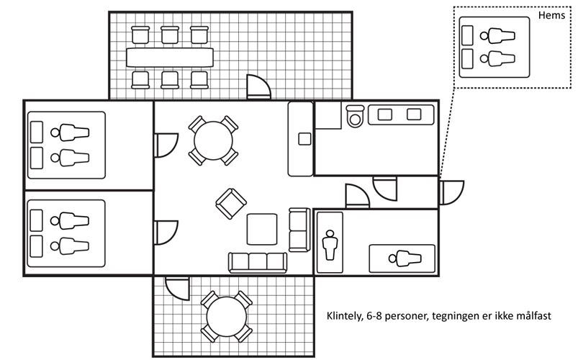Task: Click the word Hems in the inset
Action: [551, 15]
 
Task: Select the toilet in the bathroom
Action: [356, 116]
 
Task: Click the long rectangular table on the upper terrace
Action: [170, 57]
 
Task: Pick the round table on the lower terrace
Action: [226, 317]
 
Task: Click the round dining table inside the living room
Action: [213, 140]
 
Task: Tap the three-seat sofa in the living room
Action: [257, 262]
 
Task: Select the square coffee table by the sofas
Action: [262, 229]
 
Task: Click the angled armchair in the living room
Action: [231, 204]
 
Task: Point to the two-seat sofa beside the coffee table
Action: [299, 230]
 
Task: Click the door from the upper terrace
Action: [258, 87]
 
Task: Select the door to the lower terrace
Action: [177, 289]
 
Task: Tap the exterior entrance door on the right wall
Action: [451, 192]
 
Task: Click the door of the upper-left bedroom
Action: [166, 145]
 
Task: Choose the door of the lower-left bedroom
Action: [166, 233]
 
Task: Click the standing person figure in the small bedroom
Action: [330, 245]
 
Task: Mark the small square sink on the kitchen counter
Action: [304, 139]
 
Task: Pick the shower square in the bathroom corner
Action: [328, 115]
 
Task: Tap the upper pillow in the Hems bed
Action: [467, 35]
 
